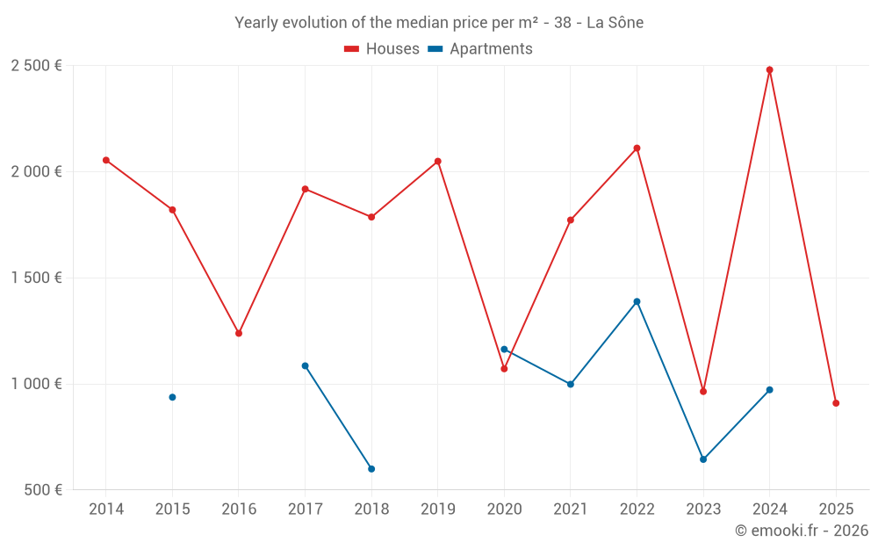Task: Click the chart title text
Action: click(439, 23)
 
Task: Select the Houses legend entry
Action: click(382, 49)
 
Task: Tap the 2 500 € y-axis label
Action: click(36, 66)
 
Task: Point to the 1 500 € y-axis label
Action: click(36, 278)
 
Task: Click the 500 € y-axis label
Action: click(41, 490)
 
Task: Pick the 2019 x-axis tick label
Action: click(438, 509)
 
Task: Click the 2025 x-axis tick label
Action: click(836, 509)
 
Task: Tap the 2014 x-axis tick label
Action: click(106, 509)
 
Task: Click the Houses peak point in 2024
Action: click(770, 69)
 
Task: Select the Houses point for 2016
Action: click(239, 333)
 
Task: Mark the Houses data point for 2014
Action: click(106, 160)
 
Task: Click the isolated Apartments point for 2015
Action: click(172, 397)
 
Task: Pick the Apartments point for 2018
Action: click(371, 469)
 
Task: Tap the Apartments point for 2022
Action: click(637, 301)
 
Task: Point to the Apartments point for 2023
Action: click(703, 459)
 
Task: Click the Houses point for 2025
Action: click(836, 403)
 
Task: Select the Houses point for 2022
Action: click(637, 148)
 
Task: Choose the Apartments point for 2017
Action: click(305, 365)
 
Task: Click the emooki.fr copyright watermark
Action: click(802, 531)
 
